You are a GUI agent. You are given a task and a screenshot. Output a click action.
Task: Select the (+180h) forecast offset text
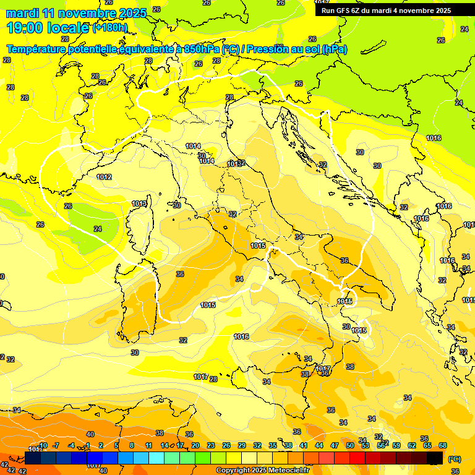(110, 28)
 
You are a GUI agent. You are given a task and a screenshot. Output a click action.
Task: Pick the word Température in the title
(37, 49)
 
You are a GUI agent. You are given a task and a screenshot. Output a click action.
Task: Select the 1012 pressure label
(104, 177)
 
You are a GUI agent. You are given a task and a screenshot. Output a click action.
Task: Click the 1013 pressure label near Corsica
(139, 203)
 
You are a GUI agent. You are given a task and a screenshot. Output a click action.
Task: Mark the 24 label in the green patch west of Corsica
(97, 229)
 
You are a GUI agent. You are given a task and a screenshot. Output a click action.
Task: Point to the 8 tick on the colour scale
(131, 445)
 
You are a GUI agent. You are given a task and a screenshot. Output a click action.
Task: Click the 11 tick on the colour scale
(148, 445)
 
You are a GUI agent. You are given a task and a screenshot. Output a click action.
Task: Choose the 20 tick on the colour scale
(195, 445)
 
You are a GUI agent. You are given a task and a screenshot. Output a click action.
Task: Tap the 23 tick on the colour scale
(210, 445)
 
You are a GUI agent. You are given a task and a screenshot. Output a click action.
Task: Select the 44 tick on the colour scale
(319, 445)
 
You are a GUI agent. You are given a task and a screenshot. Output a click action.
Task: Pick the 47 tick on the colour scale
(335, 445)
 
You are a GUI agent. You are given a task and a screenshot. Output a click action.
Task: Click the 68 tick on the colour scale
(443, 445)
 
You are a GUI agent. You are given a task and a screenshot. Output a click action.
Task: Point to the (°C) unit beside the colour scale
(455, 459)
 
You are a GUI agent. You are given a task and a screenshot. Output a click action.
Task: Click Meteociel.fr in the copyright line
(287, 471)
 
